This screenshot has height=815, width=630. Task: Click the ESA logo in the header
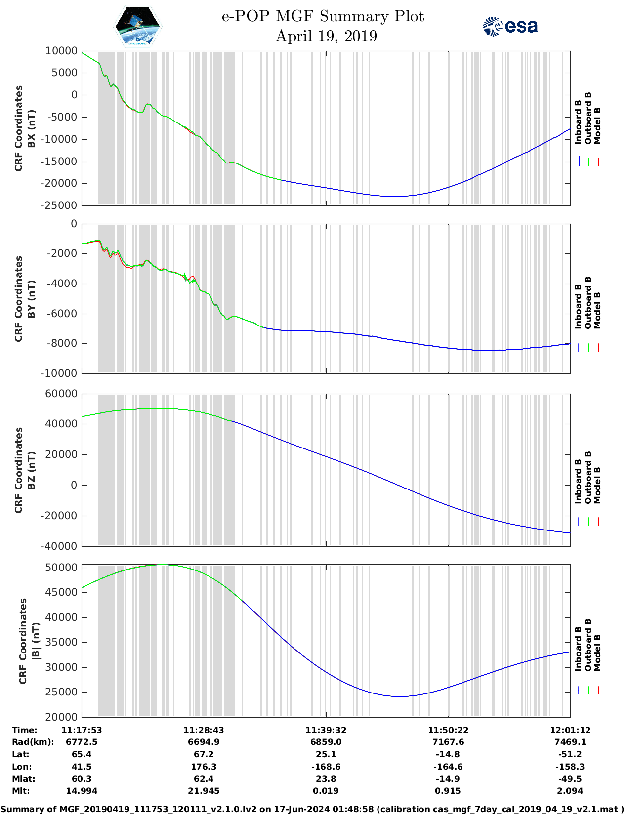[510, 26]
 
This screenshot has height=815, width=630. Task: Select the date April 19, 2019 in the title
[326, 36]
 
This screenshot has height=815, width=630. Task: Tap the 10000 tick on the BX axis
[61, 51]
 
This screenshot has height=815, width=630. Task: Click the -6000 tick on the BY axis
[62, 314]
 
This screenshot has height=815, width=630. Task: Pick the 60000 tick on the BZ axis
[61, 394]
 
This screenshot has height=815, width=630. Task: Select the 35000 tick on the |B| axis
[61, 642]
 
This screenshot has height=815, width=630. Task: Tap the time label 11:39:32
[326, 730]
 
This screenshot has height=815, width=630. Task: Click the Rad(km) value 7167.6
[448, 742]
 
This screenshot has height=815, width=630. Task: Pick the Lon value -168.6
[326, 767]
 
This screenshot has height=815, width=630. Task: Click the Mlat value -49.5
[570, 779]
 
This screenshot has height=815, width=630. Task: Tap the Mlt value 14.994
[82, 791]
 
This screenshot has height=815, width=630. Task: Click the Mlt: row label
[21, 791]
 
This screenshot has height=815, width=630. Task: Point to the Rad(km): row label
[33, 742]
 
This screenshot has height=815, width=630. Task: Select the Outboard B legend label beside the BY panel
[588, 302]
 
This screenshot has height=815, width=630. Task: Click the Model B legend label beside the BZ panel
[597, 485]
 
